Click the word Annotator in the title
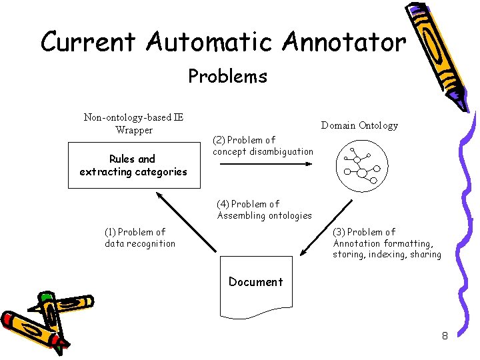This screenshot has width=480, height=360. [343, 42]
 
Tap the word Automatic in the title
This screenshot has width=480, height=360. [211, 42]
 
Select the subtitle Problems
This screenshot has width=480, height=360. [227, 77]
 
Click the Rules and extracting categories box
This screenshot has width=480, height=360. [133, 165]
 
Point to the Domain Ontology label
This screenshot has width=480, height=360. [359, 125]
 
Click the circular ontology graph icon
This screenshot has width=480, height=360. [359, 167]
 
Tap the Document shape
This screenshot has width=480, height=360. [255, 285]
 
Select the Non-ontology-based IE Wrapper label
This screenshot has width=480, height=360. [133, 124]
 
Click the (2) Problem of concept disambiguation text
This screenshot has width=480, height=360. [263, 146]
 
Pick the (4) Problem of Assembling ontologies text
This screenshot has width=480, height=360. [264, 210]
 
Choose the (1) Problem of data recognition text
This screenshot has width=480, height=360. [140, 238]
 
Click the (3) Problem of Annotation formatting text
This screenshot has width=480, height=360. [387, 243]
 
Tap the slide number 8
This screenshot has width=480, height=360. [445, 336]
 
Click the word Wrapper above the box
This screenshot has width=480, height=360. [134, 130]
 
